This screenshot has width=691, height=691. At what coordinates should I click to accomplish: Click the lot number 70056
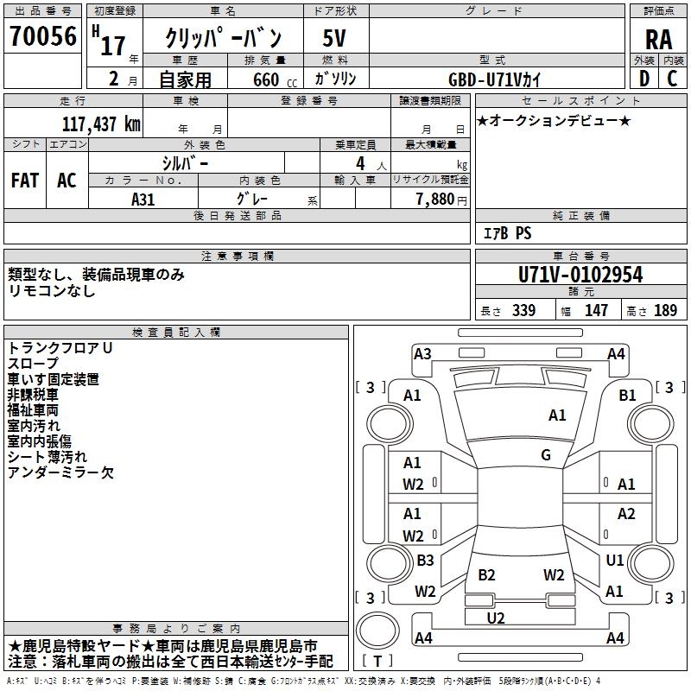click(43, 37)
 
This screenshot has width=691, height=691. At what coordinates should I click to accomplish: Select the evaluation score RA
click(658, 39)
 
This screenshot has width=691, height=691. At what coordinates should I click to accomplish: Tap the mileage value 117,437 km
click(101, 124)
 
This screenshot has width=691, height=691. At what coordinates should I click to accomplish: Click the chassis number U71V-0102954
click(580, 276)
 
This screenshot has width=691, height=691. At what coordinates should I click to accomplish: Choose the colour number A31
click(143, 199)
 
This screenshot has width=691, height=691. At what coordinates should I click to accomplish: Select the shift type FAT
click(25, 181)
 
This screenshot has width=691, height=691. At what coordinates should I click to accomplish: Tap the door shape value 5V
click(335, 38)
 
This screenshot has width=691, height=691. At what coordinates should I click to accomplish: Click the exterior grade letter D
click(643, 79)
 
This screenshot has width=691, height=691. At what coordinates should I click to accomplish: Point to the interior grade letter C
click(672, 79)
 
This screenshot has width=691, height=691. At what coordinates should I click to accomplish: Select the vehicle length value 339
click(523, 311)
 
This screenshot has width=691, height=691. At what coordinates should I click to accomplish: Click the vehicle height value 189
click(665, 311)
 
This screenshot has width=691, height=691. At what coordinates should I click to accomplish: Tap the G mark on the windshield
click(546, 455)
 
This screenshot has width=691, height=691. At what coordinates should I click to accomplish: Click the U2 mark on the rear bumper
click(495, 618)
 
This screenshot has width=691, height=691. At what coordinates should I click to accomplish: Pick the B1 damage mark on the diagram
click(628, 395)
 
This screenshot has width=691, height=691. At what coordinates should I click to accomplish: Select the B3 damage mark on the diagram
click(425, 561)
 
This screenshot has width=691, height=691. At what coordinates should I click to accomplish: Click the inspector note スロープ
click(33, 364)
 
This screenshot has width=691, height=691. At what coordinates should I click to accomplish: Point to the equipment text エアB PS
click(507, 233)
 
